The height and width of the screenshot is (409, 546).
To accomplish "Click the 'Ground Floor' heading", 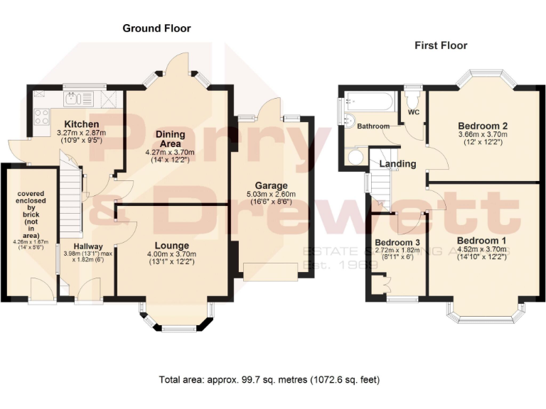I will [x=156, y=28].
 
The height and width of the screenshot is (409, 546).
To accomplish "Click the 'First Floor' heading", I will [x=441, y=45].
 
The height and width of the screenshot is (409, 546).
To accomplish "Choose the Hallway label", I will [x=82, y=246].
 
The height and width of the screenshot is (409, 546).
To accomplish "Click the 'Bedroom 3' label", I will [x=394, y=242].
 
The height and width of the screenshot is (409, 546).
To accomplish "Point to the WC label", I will [x=412, y=111].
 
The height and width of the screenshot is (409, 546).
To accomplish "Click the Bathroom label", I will [x=373, y=126].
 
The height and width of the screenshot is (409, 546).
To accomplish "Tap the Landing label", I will [x=397, y=164].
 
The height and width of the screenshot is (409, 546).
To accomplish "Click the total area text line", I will [x=272, y=379].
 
